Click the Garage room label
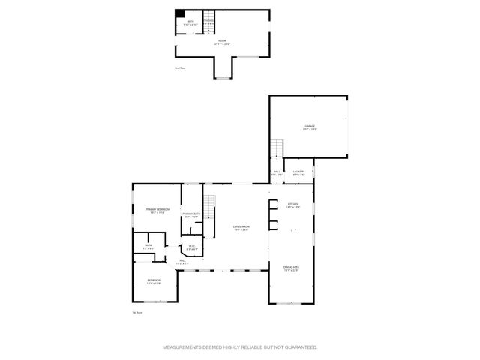pyautogui.click(x=309, y=127)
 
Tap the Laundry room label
pyautogui.click(x=298, y=173)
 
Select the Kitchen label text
pyautogui.click(x=293, y=205)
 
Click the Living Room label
pyautogui.click(x=241, y=228)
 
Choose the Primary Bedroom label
pyautogui.click(x=157, y=210)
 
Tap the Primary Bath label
pyautogui.click(x=190, y=215)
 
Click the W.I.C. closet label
pyautogui.click(x=192, y=247)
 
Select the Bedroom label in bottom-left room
pyautogui.click(x=153, y=281)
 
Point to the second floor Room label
pyautogui.click(x=222, y=43)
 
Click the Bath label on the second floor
pyautogui.click(x=190, y=23)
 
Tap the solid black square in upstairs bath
pyautogui.click(x=180, y=13)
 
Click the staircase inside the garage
pyautogui.click(x=278, y=147)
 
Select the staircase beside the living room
pyautogui.click(x=210, y=202)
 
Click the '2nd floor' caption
pyautogui.click(x=180, y=67)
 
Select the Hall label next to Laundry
pyautogui.click(x=276, y=173)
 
